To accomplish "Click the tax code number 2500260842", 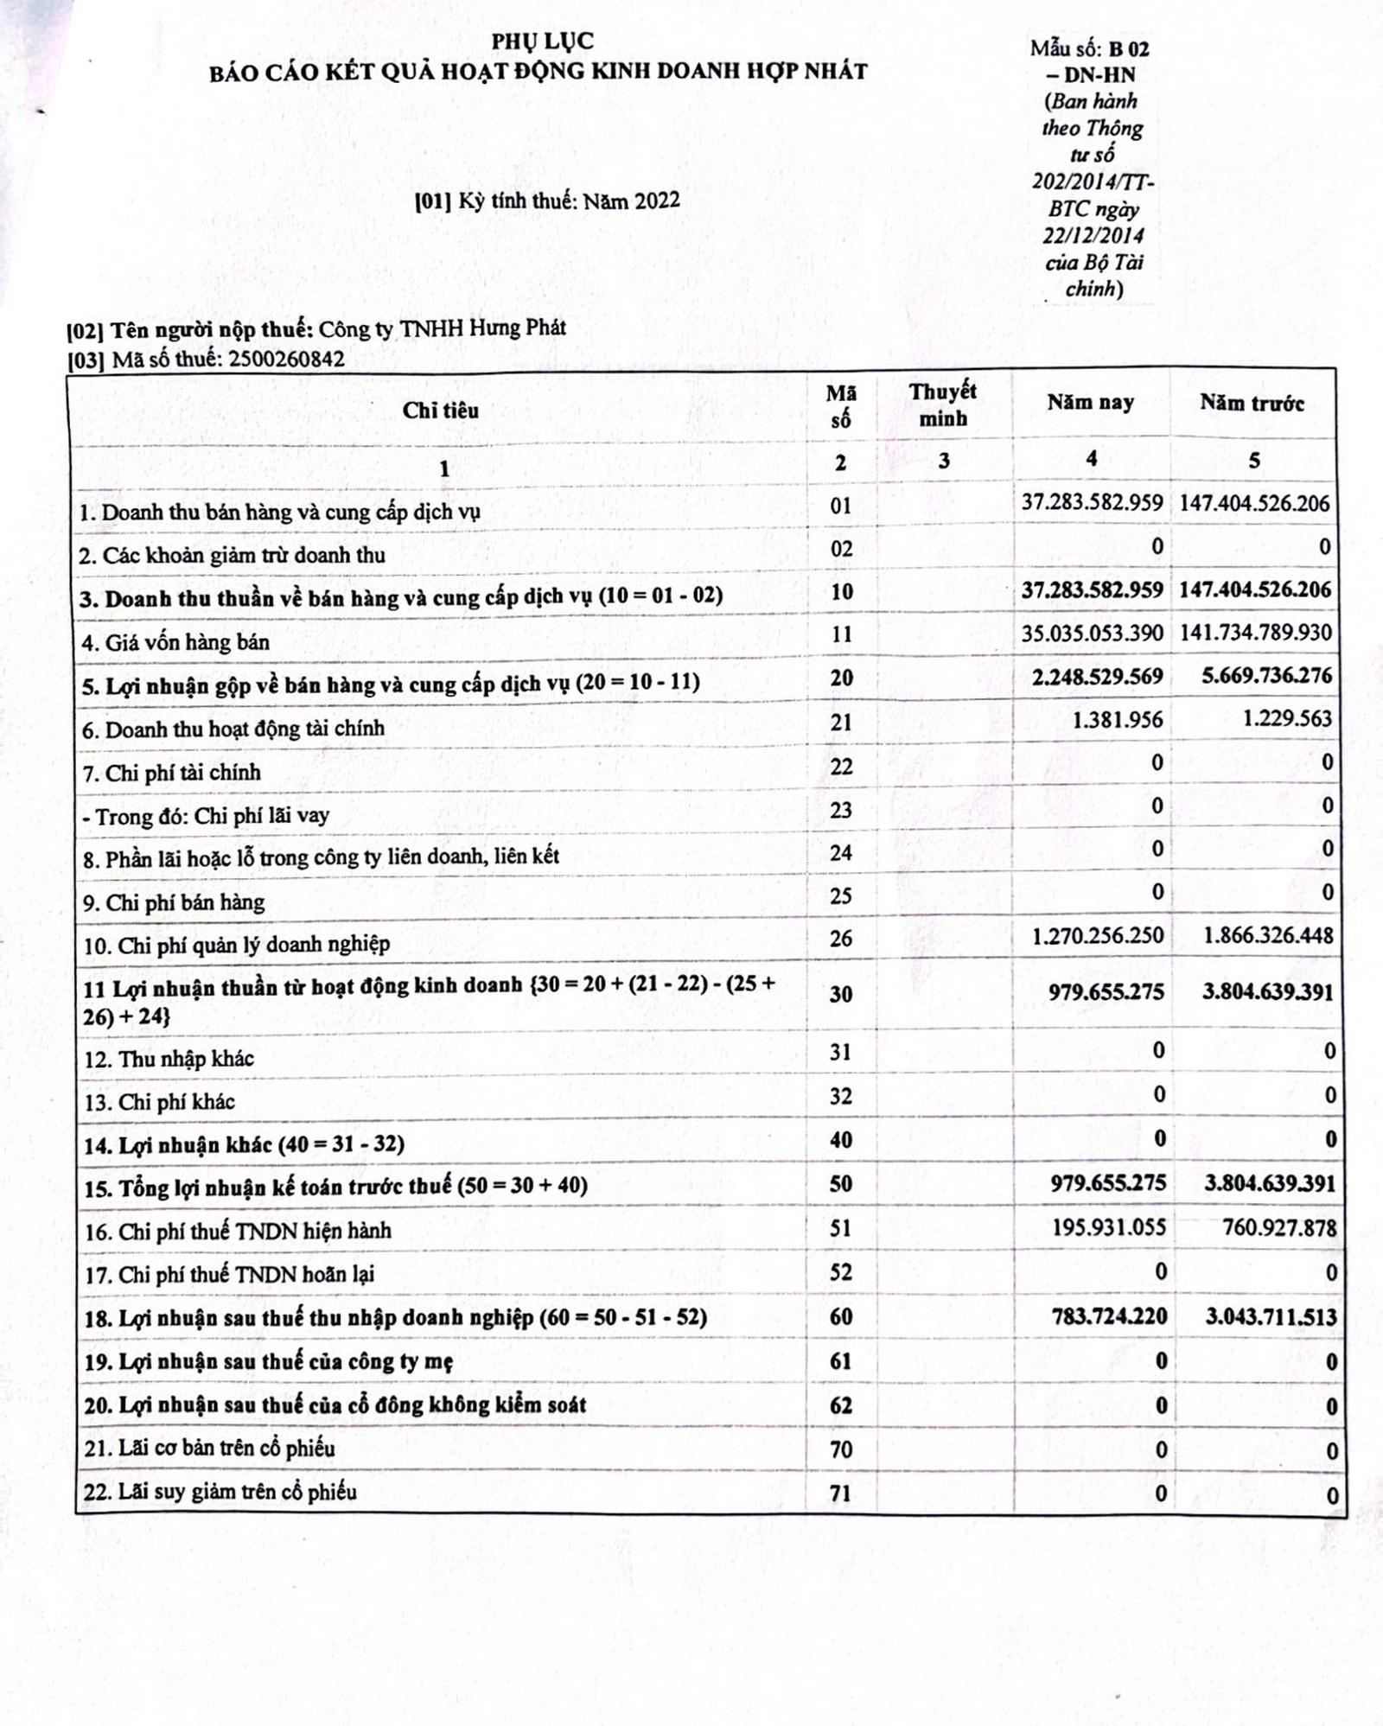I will click(286, 359).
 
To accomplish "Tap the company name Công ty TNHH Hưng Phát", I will click(442, 328).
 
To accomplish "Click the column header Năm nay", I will click(1090, 402).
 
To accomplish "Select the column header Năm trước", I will click(1252, 403).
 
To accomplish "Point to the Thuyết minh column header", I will click(942, 404).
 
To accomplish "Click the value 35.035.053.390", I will click(1092, 633).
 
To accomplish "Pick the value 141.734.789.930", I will click(1255, 633).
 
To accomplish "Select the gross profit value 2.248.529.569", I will click(1097, 676).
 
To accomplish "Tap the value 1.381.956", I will click(1117, 719).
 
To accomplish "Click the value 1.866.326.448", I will click(1268, 935).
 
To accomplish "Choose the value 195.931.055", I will click(1108, 1227).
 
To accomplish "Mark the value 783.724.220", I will click(1109, 1316).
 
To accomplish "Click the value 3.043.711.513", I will click(1271, 1317).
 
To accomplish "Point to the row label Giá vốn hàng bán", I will click(187, 643).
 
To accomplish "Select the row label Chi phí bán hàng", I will click(185, 903).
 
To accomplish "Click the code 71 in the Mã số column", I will click(840, 1494).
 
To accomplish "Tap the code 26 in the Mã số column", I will click(840, 939).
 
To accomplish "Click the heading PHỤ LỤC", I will click(542, 41).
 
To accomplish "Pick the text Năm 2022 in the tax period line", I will click(631, 201).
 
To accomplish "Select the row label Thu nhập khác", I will click(186, 1060).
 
